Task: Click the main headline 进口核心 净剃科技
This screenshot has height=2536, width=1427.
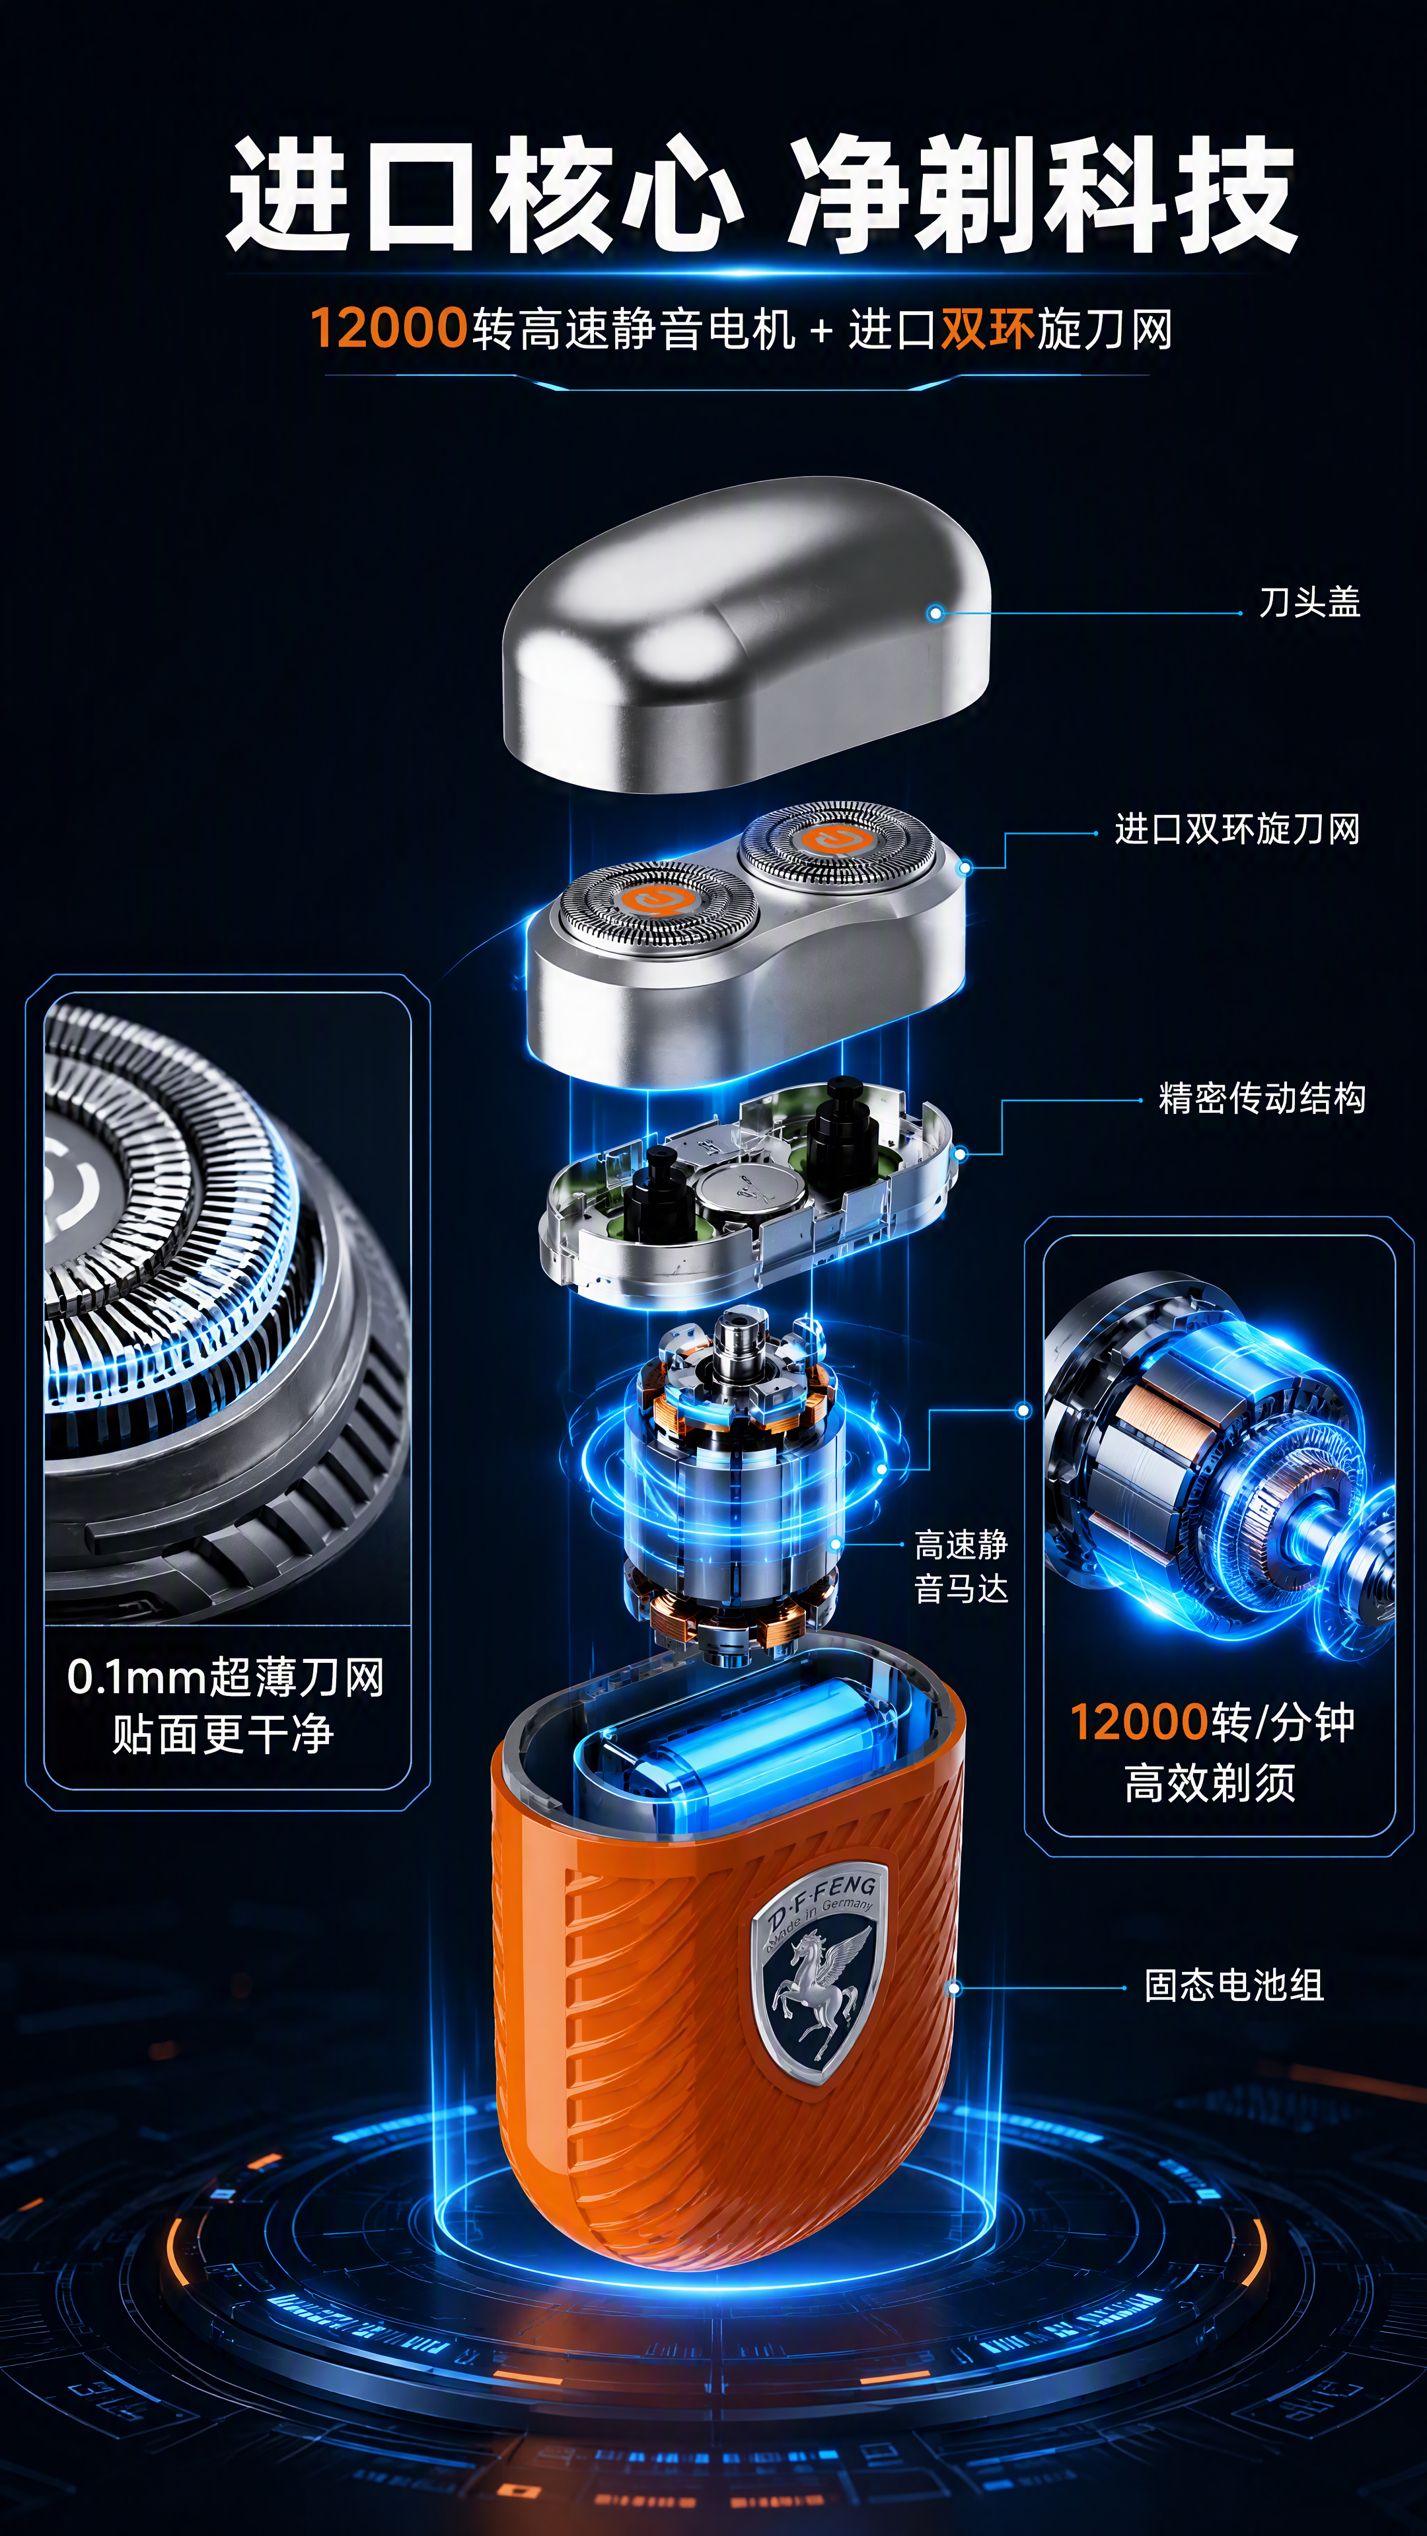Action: [x=761, y=195]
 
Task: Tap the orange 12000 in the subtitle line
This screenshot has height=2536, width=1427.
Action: [x=388, y=328]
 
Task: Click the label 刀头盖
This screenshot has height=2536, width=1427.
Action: [x=1310, y=602]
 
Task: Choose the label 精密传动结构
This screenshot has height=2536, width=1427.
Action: [x=1262, y=1098]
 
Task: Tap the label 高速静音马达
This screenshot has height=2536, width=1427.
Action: [x=961, y=1567]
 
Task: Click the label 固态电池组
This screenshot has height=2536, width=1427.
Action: [x=1234, y=1985]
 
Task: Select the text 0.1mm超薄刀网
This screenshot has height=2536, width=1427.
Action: [x=225, y=1677]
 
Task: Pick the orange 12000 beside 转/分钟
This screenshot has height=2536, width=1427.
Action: [x=1138, y=1722]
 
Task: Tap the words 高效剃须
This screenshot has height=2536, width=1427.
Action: [x=1210, y=1782]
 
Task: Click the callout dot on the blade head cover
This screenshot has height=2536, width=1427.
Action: [x=935, y=614]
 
